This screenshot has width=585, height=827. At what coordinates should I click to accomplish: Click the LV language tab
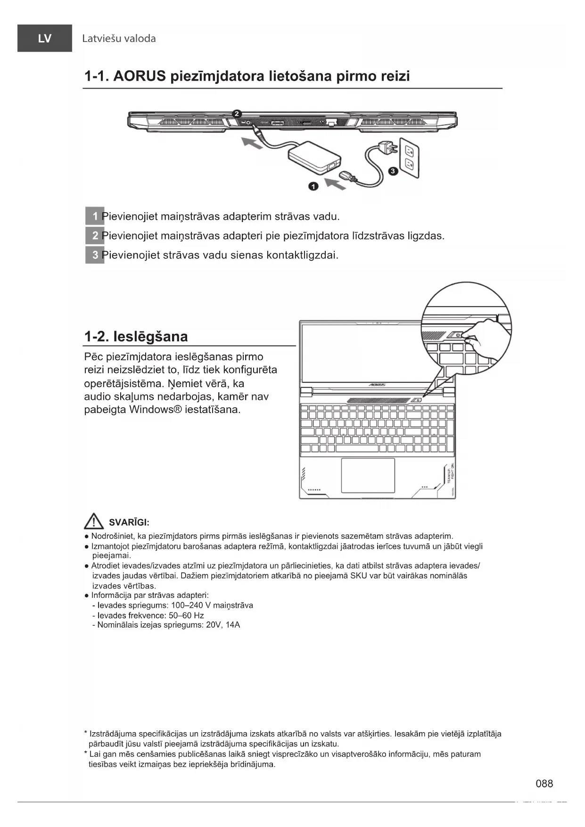pos(45,38)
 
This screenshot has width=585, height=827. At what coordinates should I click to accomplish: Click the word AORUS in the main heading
pos(139,76)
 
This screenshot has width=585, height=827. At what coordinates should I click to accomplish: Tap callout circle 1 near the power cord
pos(313,186)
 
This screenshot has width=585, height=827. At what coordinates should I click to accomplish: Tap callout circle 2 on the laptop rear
pos(237,114)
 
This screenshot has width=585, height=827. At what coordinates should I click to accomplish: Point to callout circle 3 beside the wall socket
pos(393,171)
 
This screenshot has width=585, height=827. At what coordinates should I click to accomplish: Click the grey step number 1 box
pos(94,216)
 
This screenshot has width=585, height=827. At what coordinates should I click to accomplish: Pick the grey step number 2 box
pos(94,236)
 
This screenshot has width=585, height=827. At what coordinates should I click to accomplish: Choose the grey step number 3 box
pos(94,255)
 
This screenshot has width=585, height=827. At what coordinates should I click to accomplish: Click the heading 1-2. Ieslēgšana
pos(136,337)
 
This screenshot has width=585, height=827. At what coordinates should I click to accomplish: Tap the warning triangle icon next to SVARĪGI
pos(94,521)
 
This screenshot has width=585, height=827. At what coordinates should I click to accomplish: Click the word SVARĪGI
pos(129,522)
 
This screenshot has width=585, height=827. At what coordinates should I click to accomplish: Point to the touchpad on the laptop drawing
pos(368,475)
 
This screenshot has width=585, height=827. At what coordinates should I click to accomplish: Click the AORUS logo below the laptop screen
pos(377,385)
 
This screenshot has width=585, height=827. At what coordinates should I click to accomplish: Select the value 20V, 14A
pos(223,625)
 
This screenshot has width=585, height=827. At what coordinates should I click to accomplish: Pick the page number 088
pos(544,784)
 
